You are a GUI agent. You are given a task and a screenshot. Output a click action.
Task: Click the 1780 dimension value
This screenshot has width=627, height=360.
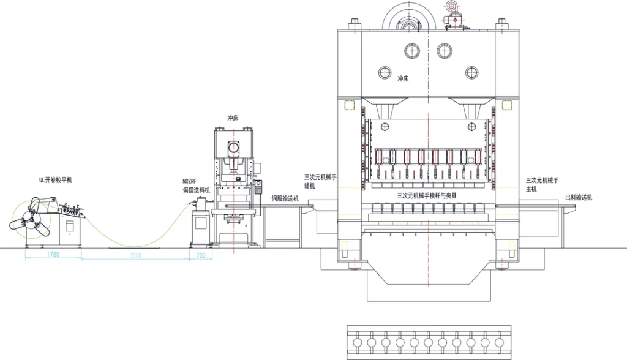point(53,254)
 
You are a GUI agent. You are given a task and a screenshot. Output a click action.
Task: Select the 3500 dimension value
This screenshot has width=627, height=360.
point(135,255)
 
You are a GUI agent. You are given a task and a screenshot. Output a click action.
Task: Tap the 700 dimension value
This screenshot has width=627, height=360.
point(201,255)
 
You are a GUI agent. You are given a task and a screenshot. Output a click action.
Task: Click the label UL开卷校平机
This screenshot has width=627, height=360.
point(56,180)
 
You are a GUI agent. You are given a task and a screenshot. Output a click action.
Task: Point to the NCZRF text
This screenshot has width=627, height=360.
point(190,181)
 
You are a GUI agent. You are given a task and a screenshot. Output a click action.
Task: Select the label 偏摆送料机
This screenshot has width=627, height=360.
point(197,190)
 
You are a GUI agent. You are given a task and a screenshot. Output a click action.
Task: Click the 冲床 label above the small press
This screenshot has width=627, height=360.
point(233,118)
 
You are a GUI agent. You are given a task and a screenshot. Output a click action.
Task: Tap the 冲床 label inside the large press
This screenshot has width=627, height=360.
point(403,79)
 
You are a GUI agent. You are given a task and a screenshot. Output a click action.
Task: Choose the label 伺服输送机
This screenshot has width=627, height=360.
point(285,198)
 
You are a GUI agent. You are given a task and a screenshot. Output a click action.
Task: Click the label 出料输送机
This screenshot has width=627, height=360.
point(579,198)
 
